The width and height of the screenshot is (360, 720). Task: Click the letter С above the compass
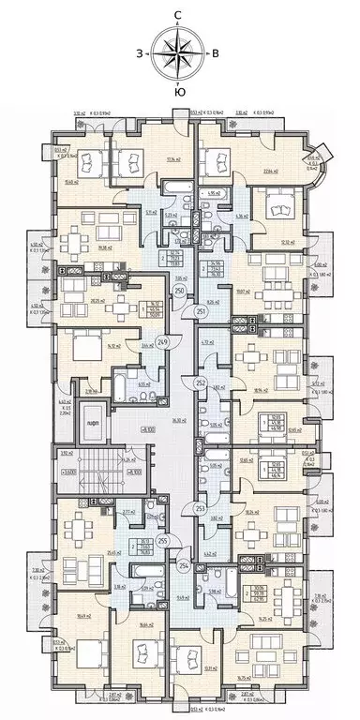tap(177, 14)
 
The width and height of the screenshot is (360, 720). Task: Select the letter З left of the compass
tap(140, 52)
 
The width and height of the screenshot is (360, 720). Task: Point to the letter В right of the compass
tap(216, 52)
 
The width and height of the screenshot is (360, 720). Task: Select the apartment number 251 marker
tap(201, 311)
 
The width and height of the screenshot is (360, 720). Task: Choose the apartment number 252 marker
tap(200, 383)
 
